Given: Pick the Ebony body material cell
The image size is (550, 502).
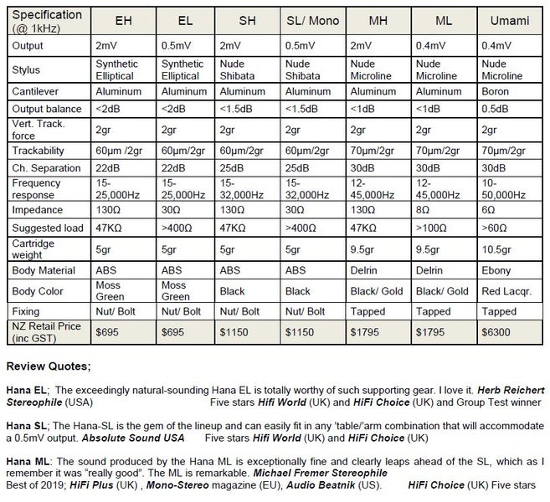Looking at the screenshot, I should coord(499,270).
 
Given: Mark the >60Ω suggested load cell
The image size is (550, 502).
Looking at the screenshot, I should coord(496,228).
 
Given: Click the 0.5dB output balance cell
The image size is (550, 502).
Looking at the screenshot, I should coord(496,109).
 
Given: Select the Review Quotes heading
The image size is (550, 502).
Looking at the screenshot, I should coord(48,366).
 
